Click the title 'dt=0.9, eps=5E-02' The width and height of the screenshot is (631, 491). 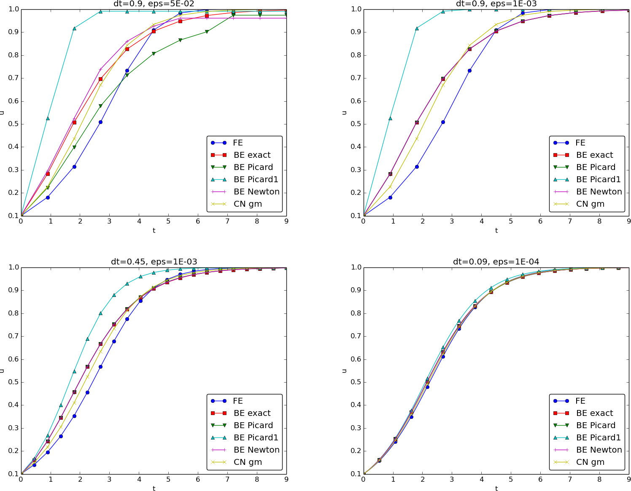(154, 4)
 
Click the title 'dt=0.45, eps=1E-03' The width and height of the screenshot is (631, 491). (154, 262)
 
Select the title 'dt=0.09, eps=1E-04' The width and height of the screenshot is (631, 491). (496, 262)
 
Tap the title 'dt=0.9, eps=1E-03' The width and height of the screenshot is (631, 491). (496, 4)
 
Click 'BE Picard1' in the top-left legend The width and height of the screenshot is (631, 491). (256, 180)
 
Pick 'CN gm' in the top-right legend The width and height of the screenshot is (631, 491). (590, 204)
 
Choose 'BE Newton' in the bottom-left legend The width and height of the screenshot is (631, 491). (256, 450)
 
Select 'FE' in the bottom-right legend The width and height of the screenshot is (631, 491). (580, 401)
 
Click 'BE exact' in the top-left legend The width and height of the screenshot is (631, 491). (252, 155)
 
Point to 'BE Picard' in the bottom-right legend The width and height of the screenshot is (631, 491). (596, 426)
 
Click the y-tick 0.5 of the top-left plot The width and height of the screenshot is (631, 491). (14, 124)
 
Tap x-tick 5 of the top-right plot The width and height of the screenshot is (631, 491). (511, 221)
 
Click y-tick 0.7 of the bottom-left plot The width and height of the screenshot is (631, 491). (14, 337)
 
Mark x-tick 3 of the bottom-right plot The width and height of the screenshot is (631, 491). (452, 480)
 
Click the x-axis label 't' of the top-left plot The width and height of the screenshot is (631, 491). (154, 231)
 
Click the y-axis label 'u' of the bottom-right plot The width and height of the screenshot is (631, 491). (345, 371)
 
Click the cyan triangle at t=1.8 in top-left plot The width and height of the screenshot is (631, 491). (74, 28)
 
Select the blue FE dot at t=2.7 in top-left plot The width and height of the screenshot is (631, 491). (100, 122)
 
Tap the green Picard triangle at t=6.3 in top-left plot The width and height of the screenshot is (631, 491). (207, 32)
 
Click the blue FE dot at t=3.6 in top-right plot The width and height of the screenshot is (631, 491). (469, 70)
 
